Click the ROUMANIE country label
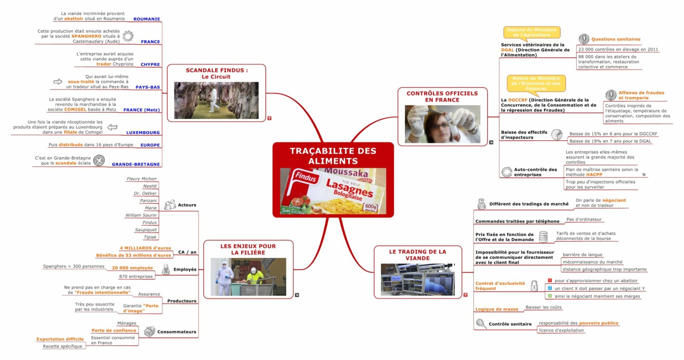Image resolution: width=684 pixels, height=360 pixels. [x=146, y=19]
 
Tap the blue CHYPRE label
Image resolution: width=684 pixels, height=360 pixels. [x=150, y=65]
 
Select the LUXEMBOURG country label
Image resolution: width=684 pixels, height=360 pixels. [x=143, y=133]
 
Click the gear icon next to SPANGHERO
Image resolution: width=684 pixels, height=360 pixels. [x=128, y=36]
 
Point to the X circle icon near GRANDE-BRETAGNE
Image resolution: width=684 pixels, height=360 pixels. [x=99, y=160]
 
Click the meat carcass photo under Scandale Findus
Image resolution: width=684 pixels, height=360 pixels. [x=216, y=101]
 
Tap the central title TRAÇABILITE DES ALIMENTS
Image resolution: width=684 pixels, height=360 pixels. [x=333, y=156]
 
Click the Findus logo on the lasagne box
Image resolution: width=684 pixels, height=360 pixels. [x=306, y=177]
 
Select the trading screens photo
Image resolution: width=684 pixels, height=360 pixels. [x=418, y=279]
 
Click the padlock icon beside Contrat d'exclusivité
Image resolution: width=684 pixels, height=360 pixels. [x=534, y=286]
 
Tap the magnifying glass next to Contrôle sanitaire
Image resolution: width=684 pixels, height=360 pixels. [x=481, y=324]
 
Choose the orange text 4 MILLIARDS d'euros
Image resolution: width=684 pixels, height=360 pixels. [x=145, y=248]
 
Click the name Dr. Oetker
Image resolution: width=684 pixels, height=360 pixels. [x=145, y=194]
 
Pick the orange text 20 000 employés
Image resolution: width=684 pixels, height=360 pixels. [x=132, y=268]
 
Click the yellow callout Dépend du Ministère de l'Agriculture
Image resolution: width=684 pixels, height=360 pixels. [x=531, y=32]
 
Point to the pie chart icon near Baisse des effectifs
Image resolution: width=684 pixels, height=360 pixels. [x=556, y=134]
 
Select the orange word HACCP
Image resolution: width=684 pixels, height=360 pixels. [x=594, y=175]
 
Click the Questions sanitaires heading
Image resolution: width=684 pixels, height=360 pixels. [x=616, y=39]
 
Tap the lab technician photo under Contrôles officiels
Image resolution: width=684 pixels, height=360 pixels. [x=442, y=124]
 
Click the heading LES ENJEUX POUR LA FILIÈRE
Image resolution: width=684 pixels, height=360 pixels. [x=248, y=249]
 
